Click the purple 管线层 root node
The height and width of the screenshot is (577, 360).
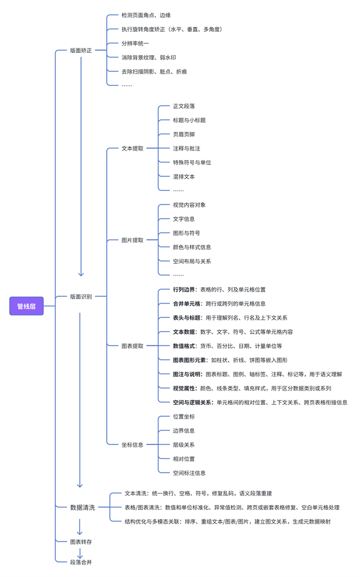pos(26,306)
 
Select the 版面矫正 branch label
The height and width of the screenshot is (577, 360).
pos(81,50)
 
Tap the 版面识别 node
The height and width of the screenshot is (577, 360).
pos(81,296)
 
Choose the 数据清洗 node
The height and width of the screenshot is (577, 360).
pos(82,507)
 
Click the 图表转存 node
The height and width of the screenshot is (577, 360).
pos(81,542)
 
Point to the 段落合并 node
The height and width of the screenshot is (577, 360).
pos(81,562)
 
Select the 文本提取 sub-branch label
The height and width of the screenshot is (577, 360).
pos(133,148)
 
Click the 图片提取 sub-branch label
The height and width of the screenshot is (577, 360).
pos(133,240)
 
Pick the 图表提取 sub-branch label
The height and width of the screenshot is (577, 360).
pos(133,346)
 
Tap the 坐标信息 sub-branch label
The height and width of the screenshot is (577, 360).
pos(133,444)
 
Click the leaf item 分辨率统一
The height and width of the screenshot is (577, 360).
pos(135,43)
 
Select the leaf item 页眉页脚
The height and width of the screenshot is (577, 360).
pos(184,134)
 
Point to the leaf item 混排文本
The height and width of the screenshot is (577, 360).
pos(184,177)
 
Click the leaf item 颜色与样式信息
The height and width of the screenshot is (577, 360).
pos(192,247)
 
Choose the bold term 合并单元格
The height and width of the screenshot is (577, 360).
pos(187,303)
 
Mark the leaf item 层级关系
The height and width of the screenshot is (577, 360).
pos(184,444)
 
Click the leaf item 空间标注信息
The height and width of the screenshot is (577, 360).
pos(189,473)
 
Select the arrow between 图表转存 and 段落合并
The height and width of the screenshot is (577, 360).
pos(80,552)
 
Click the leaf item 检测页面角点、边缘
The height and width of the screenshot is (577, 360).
pos(146,15)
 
